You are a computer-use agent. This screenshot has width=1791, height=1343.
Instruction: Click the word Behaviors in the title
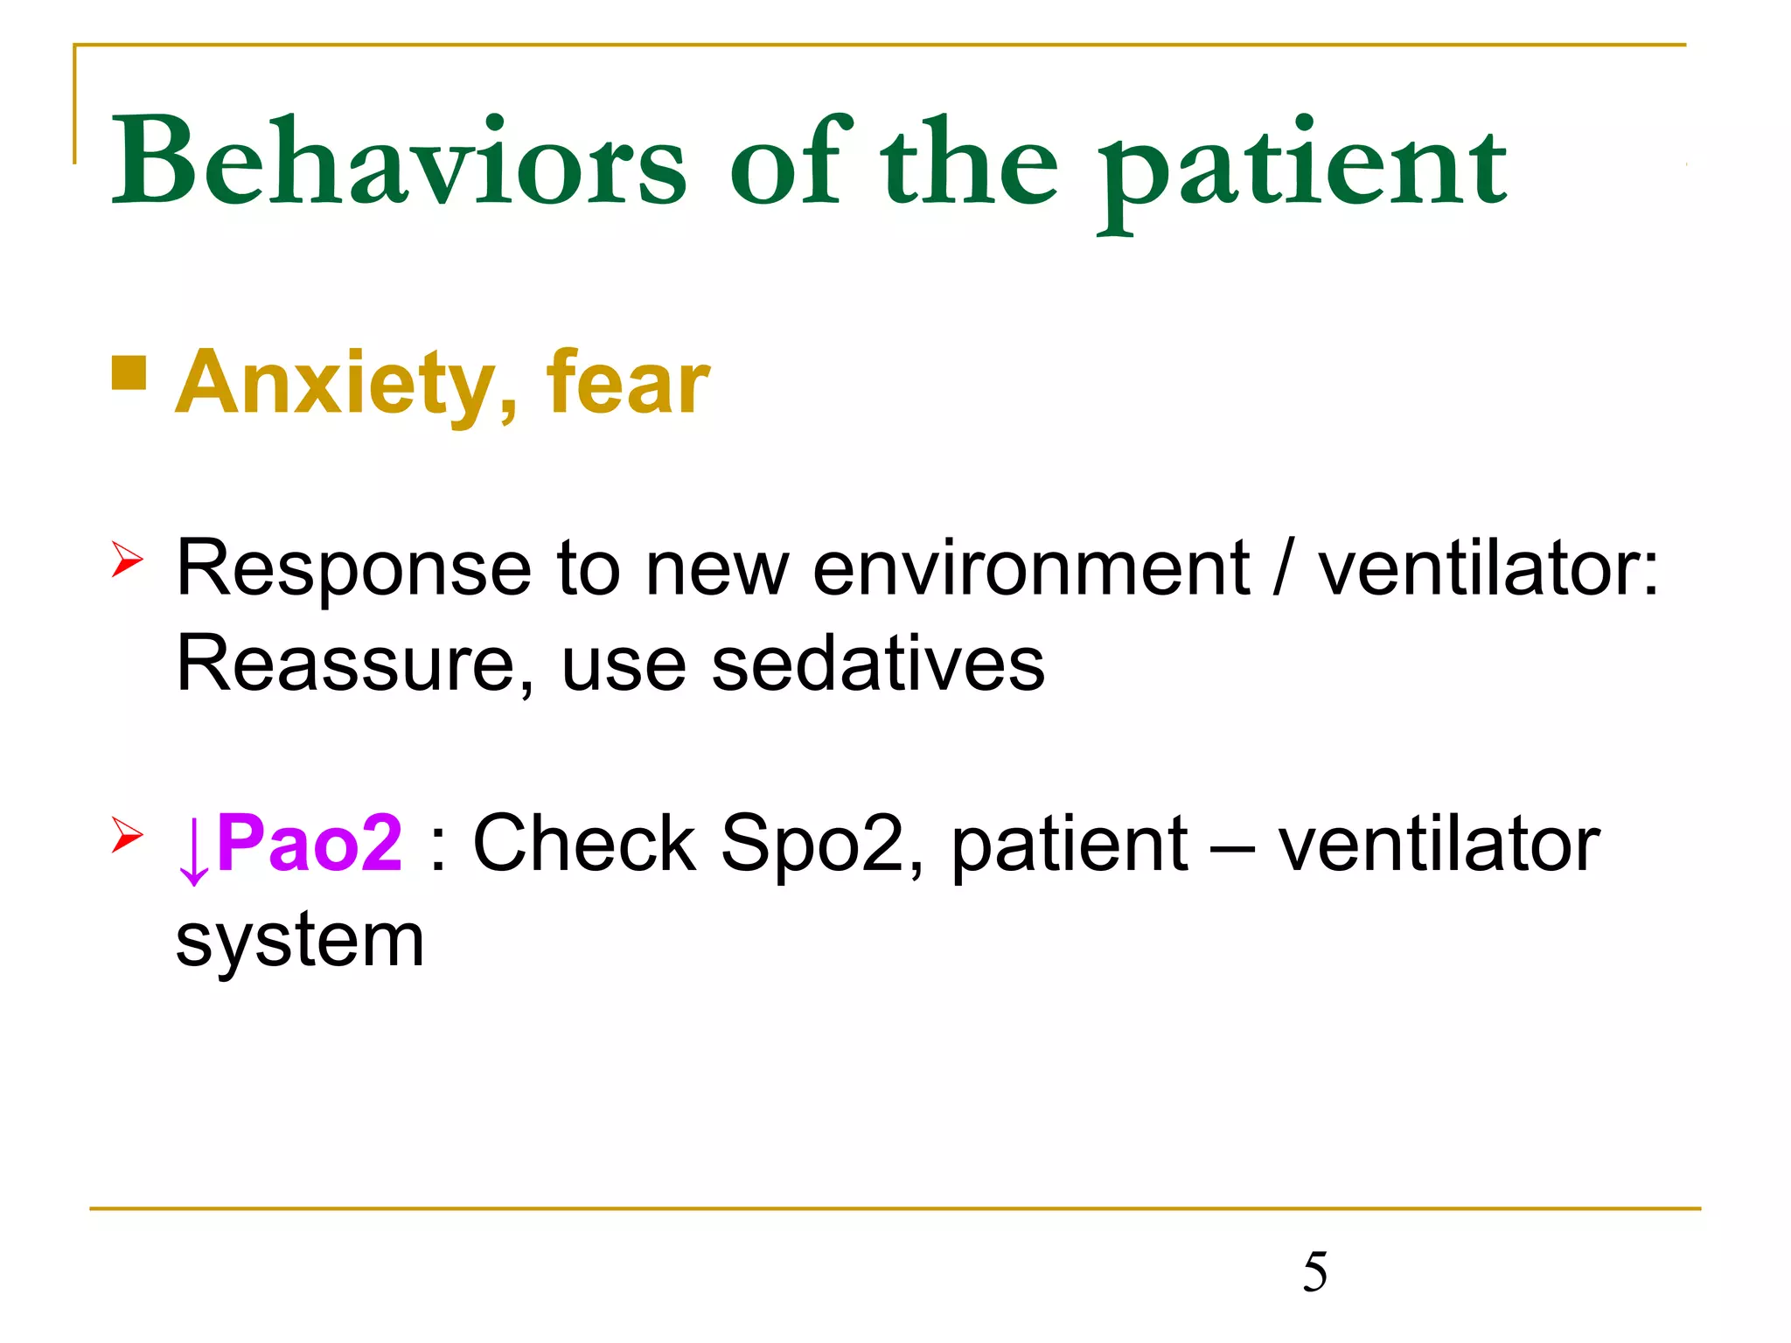[x=398, y=162]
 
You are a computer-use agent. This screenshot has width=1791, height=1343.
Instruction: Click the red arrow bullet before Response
[x=127, y=560]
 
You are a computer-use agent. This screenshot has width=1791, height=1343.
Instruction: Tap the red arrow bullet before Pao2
[x=127, y=834]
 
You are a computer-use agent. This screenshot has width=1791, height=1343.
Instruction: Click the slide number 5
[x=1314, y=1271]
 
